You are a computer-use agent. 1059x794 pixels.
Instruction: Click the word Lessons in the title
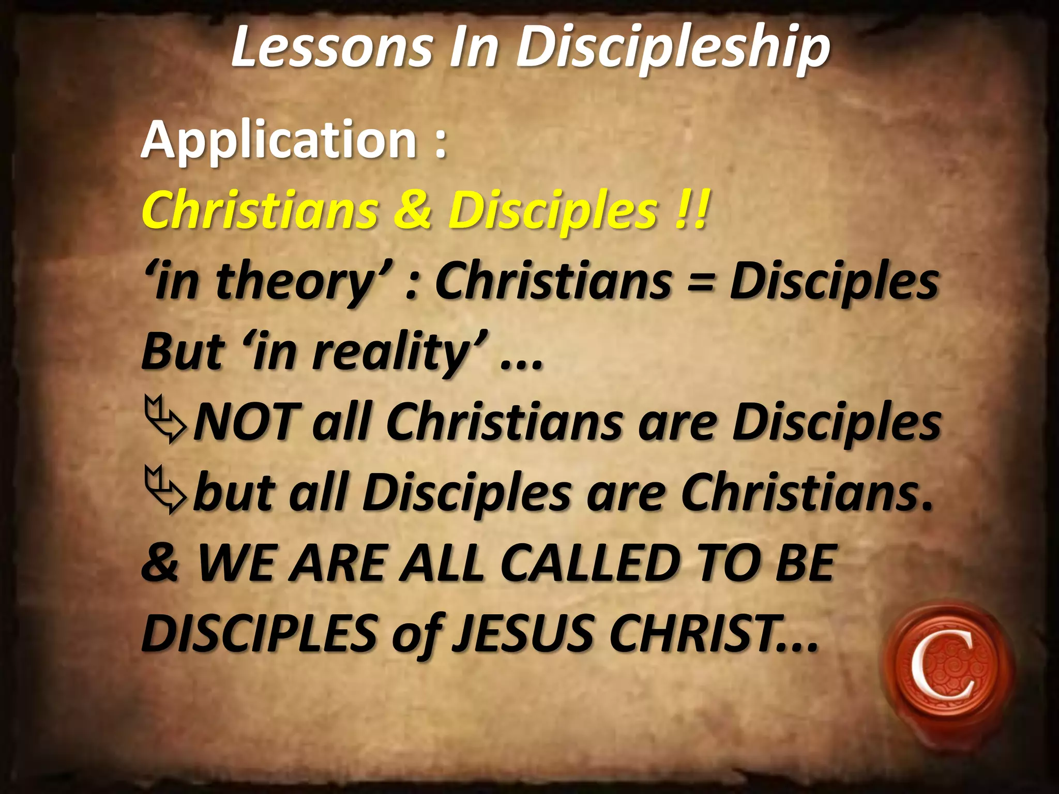(331, 48)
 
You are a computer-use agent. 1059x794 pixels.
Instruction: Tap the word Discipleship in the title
(672, 49)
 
